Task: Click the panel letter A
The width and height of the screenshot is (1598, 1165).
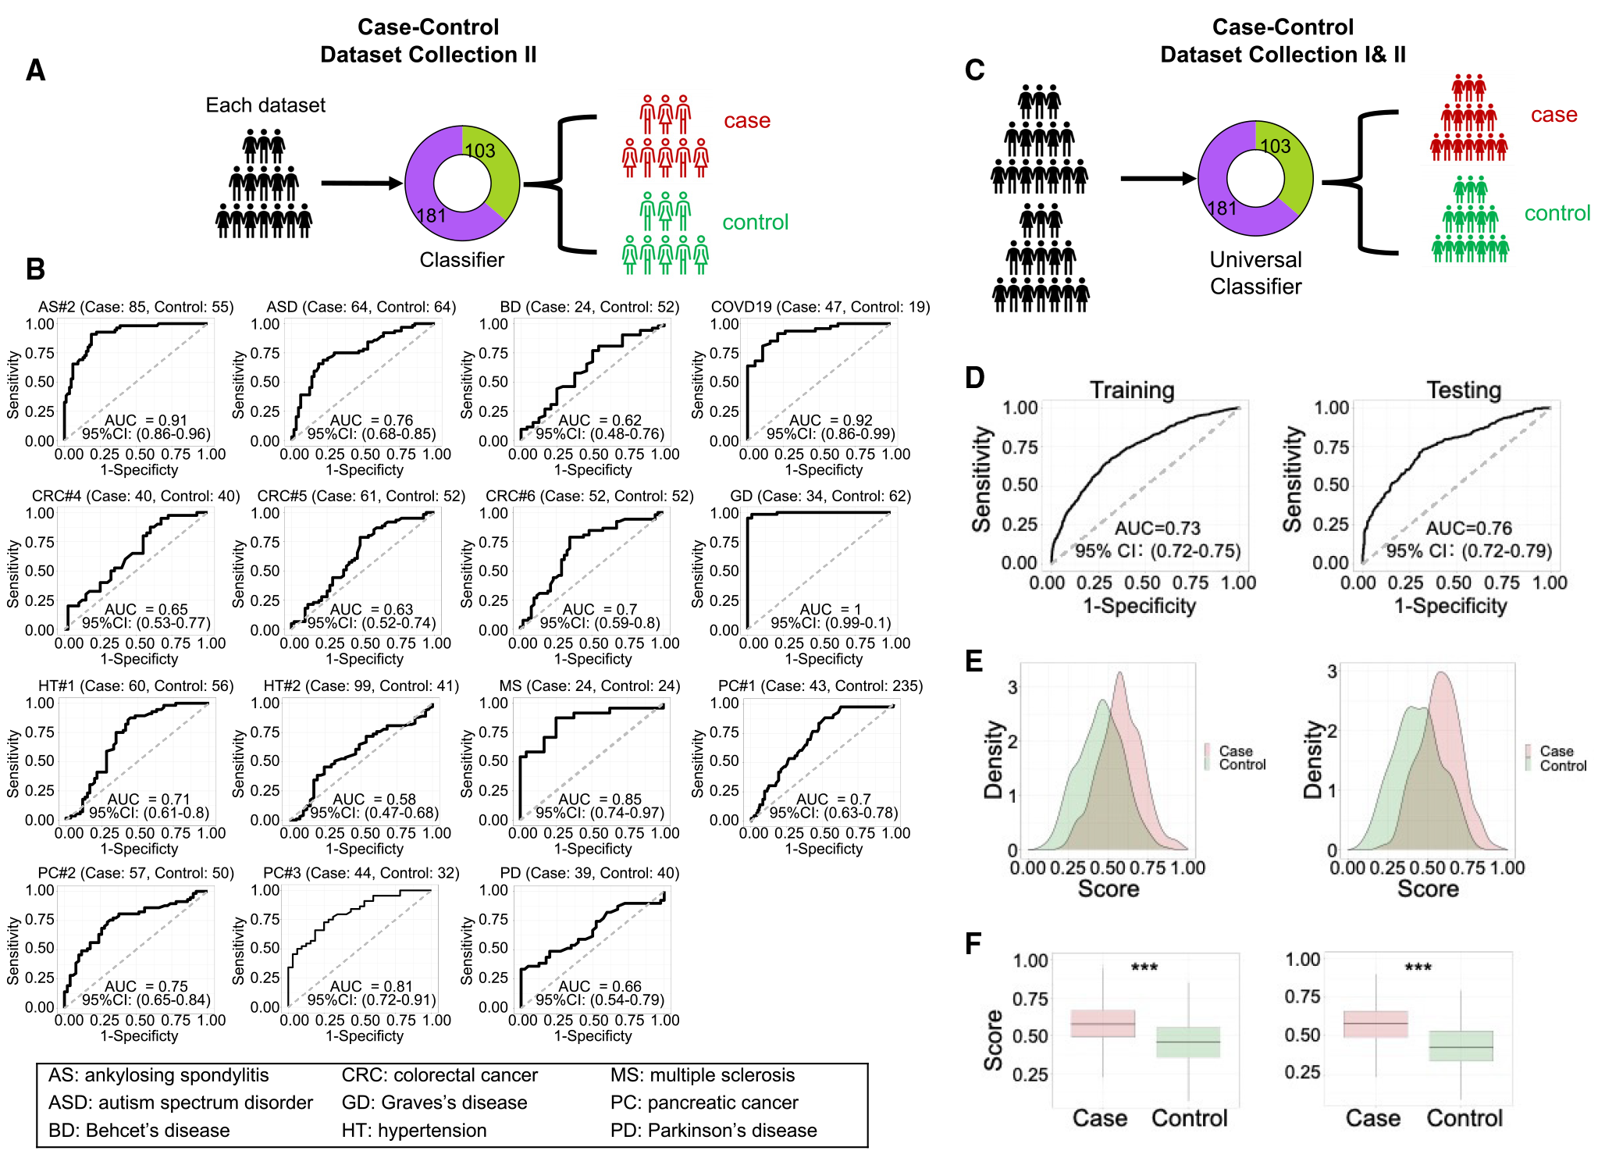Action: tap(35, 71)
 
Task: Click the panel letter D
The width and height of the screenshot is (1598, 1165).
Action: tap(975, 379)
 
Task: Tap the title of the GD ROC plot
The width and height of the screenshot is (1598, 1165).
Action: tap(820, 497)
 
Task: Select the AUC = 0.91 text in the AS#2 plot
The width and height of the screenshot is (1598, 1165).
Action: tap(146, 420)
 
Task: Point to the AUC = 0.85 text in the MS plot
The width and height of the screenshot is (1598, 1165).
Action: tap(600, 799)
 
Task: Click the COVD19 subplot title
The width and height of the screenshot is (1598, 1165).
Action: tap(820, 307)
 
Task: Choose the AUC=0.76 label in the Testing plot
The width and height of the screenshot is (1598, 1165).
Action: tap(1468, 529)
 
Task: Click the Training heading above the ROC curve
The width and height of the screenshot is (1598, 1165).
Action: tap(1132, 390)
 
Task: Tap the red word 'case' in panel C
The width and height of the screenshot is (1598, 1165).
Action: tap(1554, 115)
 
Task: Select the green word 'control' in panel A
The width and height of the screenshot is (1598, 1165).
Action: tap(755, 223)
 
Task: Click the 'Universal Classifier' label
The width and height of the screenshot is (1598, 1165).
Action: tap(1255, 273)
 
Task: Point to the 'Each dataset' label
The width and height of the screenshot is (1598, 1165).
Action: tap(265, 105)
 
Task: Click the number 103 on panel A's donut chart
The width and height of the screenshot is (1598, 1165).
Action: tap(479, 151)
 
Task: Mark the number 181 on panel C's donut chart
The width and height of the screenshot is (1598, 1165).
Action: tap(1222, 208)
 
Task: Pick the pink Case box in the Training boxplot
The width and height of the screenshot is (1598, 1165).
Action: tap(1102, 1023)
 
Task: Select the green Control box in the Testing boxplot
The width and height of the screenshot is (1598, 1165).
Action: tap(1461, 1046)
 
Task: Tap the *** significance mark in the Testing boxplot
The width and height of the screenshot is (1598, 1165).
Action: tap(1418, 968)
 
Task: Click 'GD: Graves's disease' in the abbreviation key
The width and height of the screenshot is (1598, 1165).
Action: tap(434, 1103)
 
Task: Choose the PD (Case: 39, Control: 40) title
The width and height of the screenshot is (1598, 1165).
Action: tap(589, 873)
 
